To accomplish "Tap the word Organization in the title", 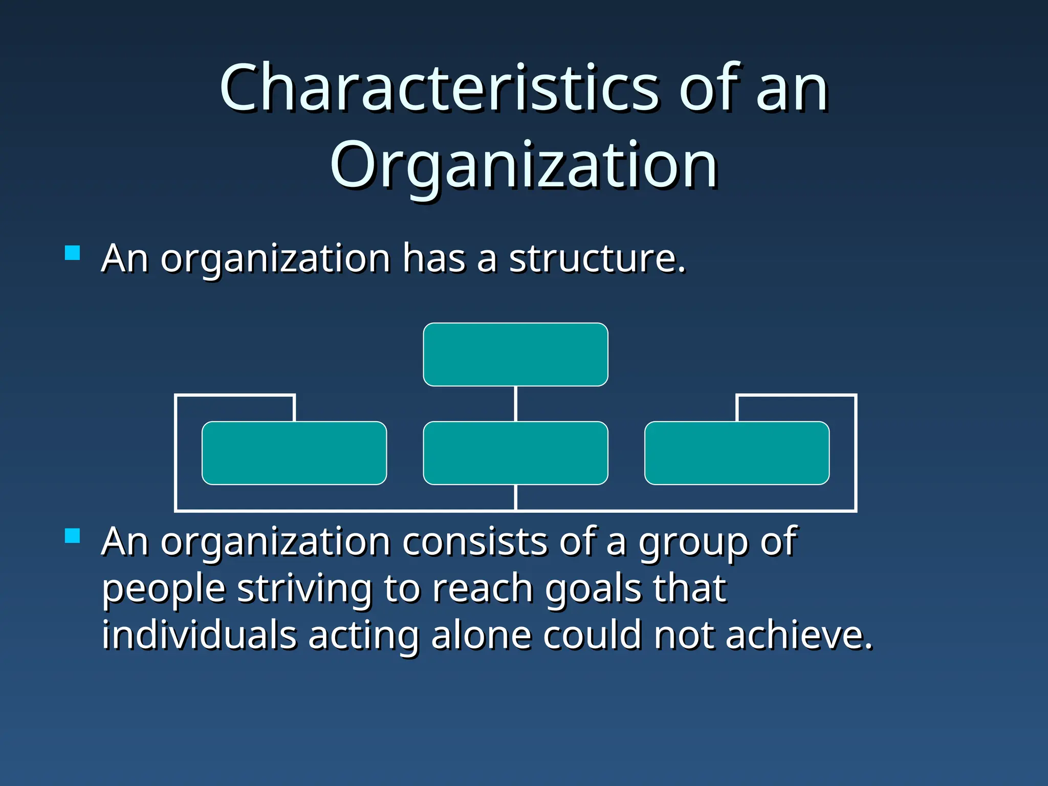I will point(523,165).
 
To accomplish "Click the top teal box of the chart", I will point(515,354).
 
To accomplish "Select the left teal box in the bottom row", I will point(294,453).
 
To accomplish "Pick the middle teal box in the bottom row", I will point(515,453).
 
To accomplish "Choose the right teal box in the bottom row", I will point(737,453).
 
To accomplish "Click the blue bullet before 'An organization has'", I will point(73,253).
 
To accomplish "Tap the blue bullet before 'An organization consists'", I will point(73,536).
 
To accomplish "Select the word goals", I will point(593,589).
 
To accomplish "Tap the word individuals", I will point(199,635).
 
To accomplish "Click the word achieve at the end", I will point(798,635).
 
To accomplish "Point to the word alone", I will point(481,635).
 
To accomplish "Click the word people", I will point(163,589).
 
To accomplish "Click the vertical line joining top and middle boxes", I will point(515,404).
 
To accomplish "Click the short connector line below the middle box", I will point(515,497).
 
